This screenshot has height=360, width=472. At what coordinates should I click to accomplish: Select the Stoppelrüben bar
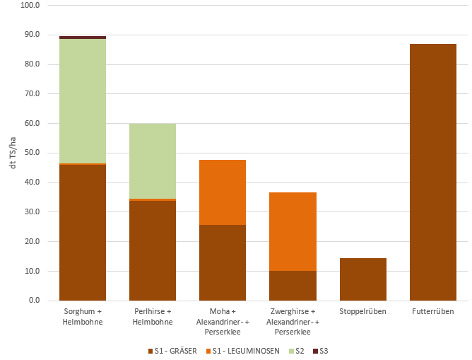tap(362, 279)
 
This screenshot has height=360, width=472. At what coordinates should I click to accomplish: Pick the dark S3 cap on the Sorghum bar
tap(83, 37)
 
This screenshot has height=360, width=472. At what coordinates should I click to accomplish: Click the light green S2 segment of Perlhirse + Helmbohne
tap(152, 161)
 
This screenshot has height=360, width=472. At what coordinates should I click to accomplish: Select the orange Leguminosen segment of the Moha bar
tap(222, 192)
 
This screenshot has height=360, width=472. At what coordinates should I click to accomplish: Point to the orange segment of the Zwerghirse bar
tap(293, 231)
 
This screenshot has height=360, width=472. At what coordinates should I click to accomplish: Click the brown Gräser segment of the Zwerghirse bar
tap(293, 286)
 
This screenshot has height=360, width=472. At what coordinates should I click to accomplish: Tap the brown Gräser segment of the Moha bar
tap(222, 262)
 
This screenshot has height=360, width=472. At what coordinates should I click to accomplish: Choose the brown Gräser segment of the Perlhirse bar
tap(152, 250)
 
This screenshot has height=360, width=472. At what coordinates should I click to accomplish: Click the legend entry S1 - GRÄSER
tap(174, 351)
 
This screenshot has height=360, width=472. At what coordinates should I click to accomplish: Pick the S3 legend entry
tap(324, 351)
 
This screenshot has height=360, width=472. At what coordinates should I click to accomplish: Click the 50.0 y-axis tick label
tap(31, 153)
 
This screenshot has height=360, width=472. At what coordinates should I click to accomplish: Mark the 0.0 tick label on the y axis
tap(33, 301)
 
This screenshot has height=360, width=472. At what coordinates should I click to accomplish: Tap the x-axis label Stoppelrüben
tap(362, 311)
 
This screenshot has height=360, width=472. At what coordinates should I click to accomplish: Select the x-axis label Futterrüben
tap(432, 311)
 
